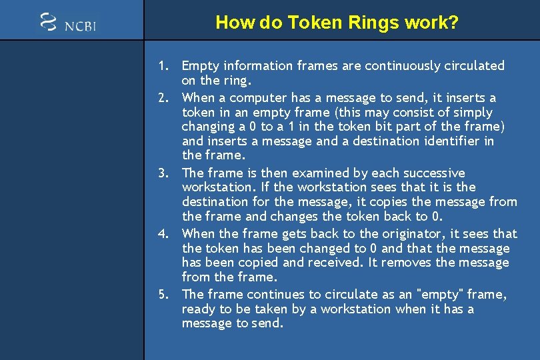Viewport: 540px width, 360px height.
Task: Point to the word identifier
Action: [452, 141]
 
